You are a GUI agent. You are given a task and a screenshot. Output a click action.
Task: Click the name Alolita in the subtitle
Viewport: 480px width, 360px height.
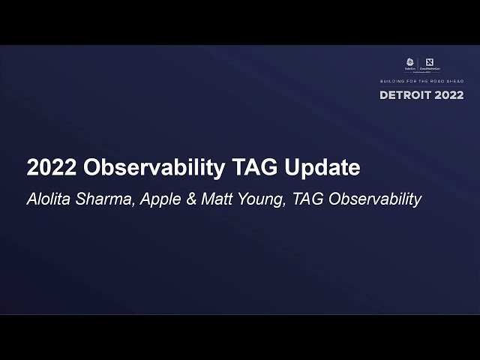coord(51,199)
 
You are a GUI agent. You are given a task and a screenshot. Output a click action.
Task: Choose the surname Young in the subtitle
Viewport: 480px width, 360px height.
coord(253,199)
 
